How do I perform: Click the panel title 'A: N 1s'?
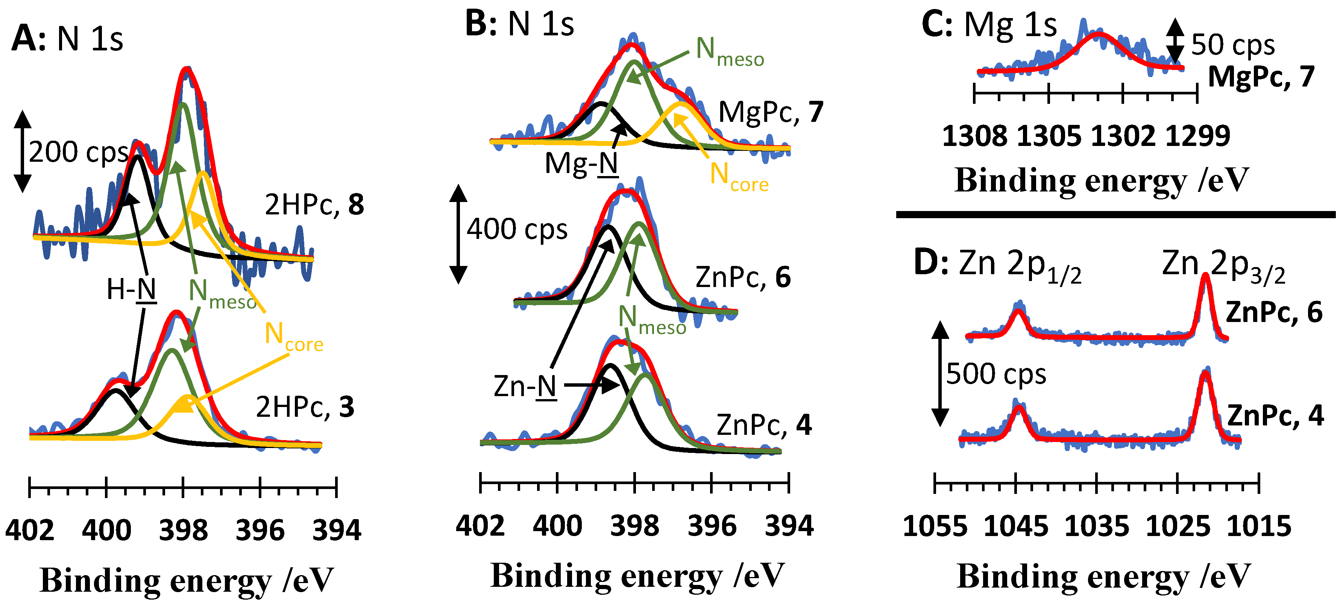pyautogui.click(x=67, y=39)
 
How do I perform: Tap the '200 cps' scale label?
pyautogui.click(x=78, y=152)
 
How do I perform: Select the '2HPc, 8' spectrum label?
pyautogui.click(x=314, y=204)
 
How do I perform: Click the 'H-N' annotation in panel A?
pyautogui.click(x=131, y=289)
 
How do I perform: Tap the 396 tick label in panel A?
pyautogui.click(x=259, y=530)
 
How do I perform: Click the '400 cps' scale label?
pyautogui.click(x=516, y=229)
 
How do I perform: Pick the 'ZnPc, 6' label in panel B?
pyautogui.click(x=742, y=278)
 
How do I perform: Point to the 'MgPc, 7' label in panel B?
pyautogui.click(x=771, y=112)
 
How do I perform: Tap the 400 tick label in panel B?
pyautogui.click(x=557, y=526)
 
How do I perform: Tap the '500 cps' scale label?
pyautogui.click(x=996, y=374)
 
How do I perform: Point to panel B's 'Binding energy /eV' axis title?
pyautogui.click(x=637, y=576)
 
